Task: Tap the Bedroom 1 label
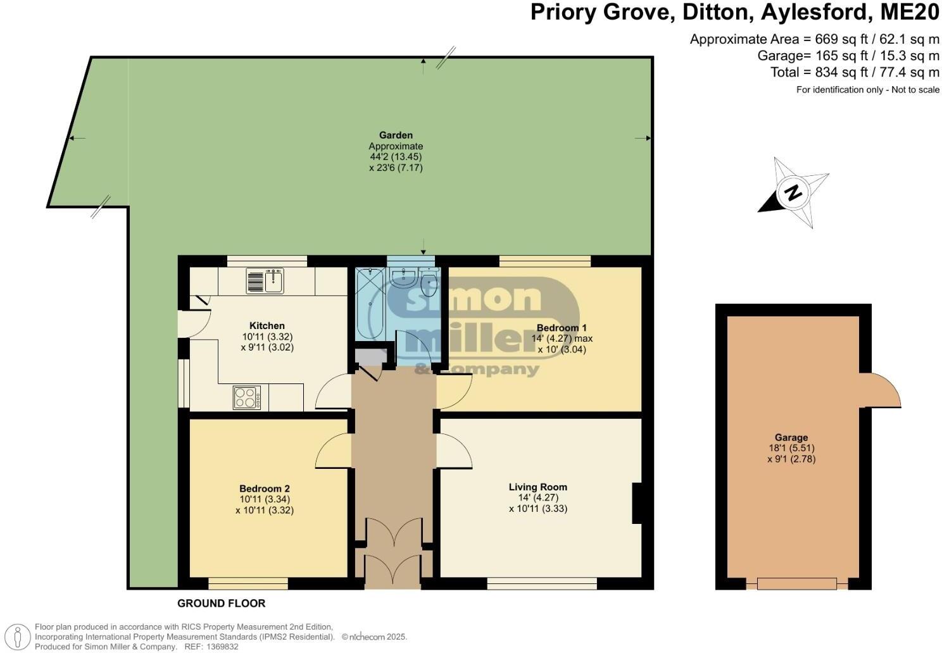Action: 562,328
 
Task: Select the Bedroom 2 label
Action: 264,488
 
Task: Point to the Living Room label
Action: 537,487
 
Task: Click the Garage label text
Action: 791,437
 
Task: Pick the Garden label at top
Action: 396,135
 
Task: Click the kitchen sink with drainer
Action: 265,280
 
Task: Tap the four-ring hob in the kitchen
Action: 246,397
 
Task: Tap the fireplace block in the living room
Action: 636,503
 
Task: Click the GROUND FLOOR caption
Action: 221,604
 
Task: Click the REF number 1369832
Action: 220,647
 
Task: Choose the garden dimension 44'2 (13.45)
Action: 396,156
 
